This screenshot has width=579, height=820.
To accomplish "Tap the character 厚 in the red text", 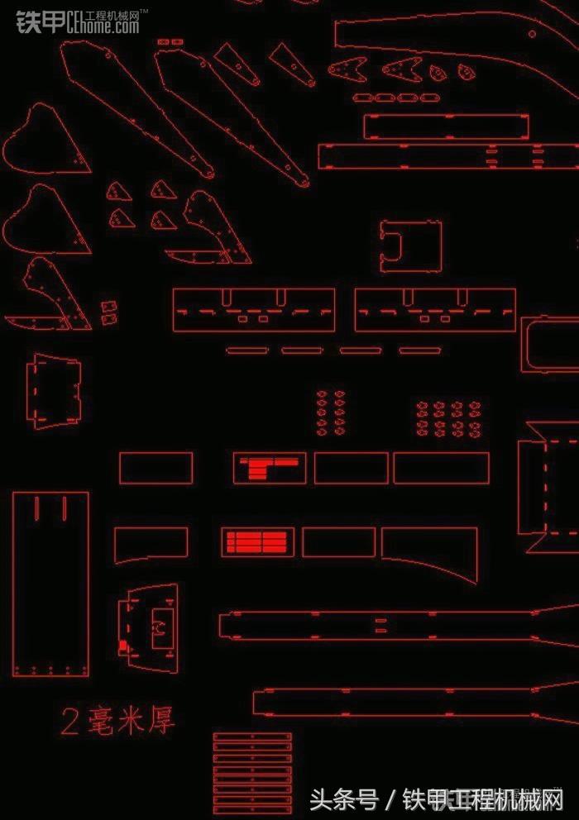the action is coord(161,720).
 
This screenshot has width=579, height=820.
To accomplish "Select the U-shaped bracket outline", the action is coord(410,246).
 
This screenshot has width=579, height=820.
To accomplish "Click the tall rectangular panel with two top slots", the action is coord(50,584).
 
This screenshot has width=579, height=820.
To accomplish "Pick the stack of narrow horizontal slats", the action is coord(252,773).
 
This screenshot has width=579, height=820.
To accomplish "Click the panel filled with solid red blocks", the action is coord(256,541).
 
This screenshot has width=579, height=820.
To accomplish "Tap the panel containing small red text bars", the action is coord(269,468).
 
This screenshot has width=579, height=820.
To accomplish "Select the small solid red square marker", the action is coord(123,646).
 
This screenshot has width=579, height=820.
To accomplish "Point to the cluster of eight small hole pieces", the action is coord(331,412).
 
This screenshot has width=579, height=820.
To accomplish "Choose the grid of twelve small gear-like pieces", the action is coord(447,418).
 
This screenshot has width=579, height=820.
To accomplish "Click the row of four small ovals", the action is coord(394,98).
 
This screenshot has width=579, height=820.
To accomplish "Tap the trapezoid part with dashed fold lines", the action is coord(56,392).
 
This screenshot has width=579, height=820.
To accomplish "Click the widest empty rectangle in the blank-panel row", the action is coord(441,468).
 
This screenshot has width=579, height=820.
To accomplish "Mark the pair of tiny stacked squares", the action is coord(108,311).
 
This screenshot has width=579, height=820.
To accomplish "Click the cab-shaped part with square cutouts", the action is coord(151,628).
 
